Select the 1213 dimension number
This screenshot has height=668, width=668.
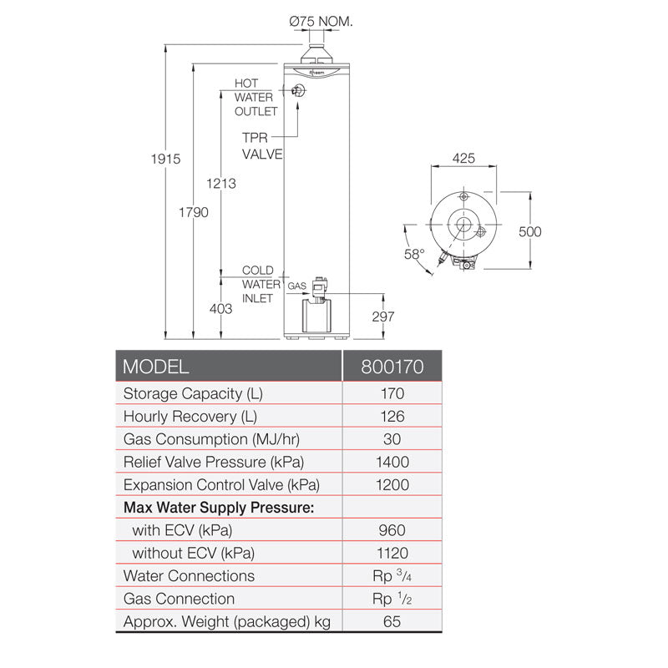(220, 184)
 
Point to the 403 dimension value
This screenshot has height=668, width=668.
(220, 309)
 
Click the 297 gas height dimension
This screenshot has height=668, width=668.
(382, 317)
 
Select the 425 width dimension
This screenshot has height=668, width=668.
(464, 157)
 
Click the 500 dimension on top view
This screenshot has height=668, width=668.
(529, 231)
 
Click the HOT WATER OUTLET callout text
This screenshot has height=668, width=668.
(254, 98)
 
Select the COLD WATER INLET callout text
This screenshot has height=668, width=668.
(257, 285)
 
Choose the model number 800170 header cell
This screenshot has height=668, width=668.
(392, 367)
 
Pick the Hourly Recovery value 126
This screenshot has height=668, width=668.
(392, 417)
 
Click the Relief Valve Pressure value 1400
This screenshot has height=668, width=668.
(392, 462)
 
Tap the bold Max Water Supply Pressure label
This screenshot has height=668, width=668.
(219, 508)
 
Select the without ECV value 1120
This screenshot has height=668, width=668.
(392, 553)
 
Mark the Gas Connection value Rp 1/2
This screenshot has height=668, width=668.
(392, 599)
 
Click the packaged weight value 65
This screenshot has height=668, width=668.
(392, 621)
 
